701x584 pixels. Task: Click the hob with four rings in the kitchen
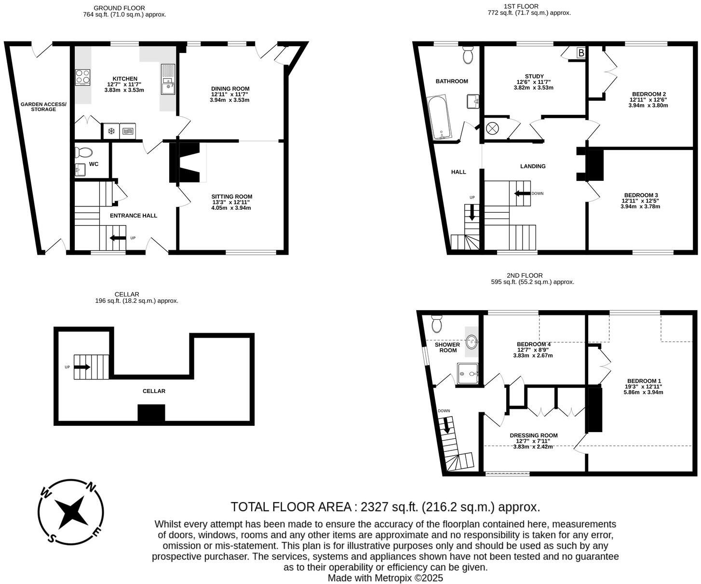point(82,77)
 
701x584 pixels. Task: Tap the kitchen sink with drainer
point(168,80)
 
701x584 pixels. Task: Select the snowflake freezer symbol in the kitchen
point(111,131)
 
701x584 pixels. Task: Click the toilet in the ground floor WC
point(84,153)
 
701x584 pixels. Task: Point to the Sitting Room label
point(231,196)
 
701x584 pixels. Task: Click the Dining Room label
point(230,89)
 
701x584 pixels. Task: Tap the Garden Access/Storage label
point(43,107)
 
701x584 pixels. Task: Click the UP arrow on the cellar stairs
point(81,367)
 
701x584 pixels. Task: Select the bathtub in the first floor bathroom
point(439,117)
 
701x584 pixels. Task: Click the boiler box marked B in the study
point(581,53)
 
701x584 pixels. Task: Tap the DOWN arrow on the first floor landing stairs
point(520,193)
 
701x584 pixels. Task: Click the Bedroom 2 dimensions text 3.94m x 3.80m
point(648,105)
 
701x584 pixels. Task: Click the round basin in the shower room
point(472,341)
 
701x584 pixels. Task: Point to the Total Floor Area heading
point(385,507)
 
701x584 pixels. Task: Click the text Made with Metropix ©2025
point(385,578)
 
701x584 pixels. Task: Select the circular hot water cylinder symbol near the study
point(493,129)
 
